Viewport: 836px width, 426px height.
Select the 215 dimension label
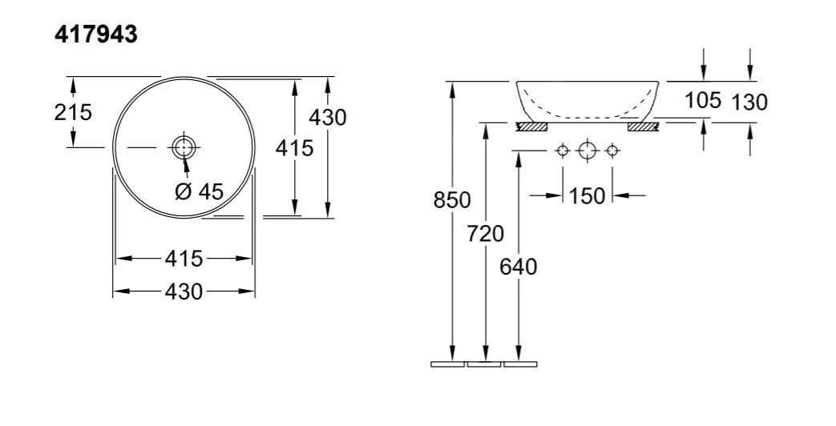(x=73, y=112)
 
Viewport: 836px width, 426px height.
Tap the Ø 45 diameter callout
(x=199, y=191)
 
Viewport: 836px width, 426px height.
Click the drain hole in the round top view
(x=184, y=147)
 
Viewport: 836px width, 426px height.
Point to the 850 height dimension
(x=452, y=200)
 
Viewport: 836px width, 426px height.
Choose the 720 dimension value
(x=486, y=234)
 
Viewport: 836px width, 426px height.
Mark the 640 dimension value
(x=519, y=266)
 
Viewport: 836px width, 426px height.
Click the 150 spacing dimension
(x=588, y=195)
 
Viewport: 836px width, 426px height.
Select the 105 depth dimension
(x=703, y=101)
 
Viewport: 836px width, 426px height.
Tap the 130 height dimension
(x=749, y=102)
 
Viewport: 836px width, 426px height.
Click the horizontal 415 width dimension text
(x=184, y=259)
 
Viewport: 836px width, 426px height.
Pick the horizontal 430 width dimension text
(x=184, y=291)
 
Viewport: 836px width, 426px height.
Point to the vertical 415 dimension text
(x=295, y=147)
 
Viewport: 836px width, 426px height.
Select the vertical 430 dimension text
(x=328, y=117)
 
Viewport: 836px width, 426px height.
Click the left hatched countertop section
(x=531, y=126)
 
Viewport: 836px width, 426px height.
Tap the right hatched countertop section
(x=643, y=126)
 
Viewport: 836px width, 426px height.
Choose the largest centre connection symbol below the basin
(x=588, y=151)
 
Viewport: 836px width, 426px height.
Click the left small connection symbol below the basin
(x=563, y=151)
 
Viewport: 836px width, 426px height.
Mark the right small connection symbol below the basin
(x=612, y=151)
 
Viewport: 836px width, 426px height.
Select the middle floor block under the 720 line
(x=484, y=364)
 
